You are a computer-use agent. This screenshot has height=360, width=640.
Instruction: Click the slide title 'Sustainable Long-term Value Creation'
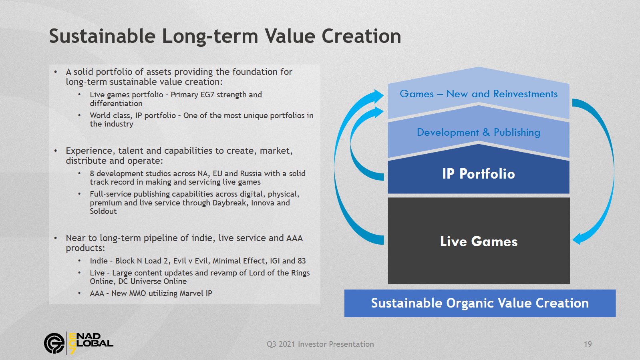coord(225,36)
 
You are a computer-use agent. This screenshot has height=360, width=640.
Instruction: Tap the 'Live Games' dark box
coord(479,241)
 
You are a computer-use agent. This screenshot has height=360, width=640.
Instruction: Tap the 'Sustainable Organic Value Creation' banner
coord(480,303)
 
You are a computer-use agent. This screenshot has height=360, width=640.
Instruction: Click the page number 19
coord(588,344)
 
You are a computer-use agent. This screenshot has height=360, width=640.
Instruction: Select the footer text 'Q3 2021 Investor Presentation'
coord(320,344)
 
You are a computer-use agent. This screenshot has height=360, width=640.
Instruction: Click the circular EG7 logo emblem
coord(54,343)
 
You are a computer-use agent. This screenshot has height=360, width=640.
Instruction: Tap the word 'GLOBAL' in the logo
coord(91,343)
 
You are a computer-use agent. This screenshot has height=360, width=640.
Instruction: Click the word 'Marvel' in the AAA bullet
coord(190,293)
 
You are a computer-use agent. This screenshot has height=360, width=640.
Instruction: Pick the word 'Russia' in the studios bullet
coord(251,173)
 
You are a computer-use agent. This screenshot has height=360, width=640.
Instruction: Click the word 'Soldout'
coord(103,211)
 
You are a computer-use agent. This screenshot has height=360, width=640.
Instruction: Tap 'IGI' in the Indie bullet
coord(274,261)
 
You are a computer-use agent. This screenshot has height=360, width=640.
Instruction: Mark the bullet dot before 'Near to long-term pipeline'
coord(56,238)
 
